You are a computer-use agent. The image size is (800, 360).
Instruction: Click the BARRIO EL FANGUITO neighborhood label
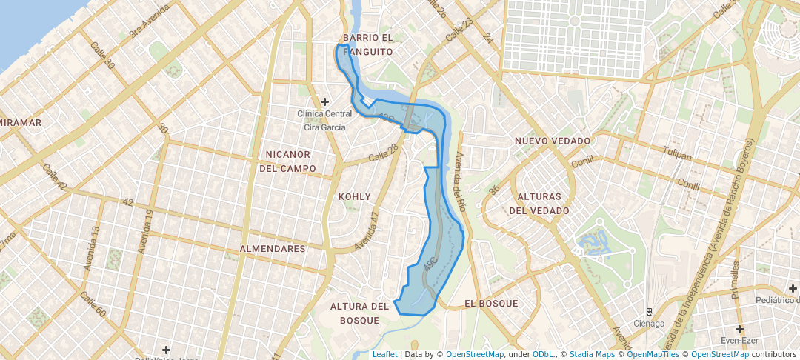pos(367,44)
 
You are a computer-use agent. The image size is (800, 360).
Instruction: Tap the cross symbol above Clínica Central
pos(324,101)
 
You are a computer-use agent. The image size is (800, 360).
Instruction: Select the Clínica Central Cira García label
pos(324,121)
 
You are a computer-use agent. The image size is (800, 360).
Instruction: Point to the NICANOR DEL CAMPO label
pos(287,161)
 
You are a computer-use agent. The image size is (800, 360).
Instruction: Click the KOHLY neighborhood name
pos(354,197)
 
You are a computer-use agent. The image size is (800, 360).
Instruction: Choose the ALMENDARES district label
pos(273,250)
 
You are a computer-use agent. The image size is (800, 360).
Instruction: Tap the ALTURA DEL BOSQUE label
pos(359,313)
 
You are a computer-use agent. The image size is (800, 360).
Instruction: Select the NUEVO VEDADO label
pos(553,141)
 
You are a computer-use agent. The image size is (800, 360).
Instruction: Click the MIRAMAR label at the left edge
pos(21,122)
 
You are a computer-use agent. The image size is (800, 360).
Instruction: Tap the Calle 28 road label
pos(383,153)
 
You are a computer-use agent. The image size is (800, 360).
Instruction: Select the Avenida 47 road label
pos(367,231)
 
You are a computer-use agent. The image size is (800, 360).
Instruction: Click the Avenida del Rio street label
pos(460,181)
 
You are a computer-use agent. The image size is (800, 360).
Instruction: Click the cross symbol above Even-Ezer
pos(739,329)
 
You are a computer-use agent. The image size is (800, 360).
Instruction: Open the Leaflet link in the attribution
pos(384,354)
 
